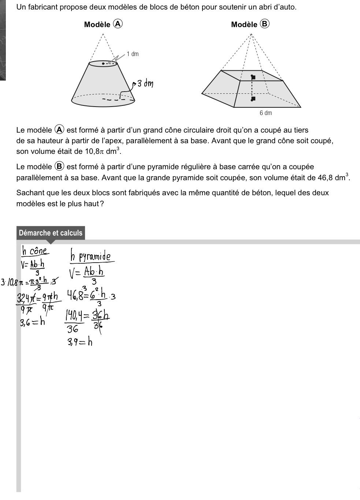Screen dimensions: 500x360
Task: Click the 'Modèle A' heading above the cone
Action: tap(103, 24)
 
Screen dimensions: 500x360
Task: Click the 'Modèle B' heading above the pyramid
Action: tap(250, 24)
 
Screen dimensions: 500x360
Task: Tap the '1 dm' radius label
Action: tap(133, 54)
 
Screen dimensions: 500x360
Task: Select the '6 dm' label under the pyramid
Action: tap(266, 113)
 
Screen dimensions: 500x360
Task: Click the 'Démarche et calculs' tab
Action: tap(51, 233)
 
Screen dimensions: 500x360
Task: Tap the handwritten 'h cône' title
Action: tap(35, 251)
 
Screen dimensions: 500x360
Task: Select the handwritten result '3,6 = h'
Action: tap(33, 322)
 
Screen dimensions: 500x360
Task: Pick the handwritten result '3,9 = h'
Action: tap(79, 342)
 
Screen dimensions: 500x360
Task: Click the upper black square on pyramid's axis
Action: tap(252, 77)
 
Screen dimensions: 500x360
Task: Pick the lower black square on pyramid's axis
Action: tap(252, 98)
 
